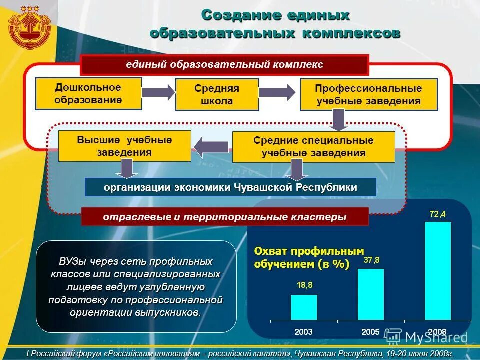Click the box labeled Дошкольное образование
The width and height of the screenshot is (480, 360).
88,94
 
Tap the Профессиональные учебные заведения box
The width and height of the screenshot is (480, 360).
368,94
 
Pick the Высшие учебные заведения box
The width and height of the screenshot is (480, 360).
124,146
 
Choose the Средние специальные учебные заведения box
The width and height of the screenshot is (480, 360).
313,147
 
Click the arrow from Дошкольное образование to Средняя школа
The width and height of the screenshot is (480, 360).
158,92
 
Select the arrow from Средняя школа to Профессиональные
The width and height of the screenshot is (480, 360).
277,92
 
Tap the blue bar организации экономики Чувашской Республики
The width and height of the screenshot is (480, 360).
230,187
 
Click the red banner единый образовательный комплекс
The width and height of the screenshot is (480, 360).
224,65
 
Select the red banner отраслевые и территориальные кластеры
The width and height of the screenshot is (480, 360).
224,217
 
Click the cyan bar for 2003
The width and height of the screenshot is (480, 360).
304,307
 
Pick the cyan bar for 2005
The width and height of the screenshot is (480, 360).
371,294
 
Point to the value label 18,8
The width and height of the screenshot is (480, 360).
304,285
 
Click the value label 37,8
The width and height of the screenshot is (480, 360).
371,260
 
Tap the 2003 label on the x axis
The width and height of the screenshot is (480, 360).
304,332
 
